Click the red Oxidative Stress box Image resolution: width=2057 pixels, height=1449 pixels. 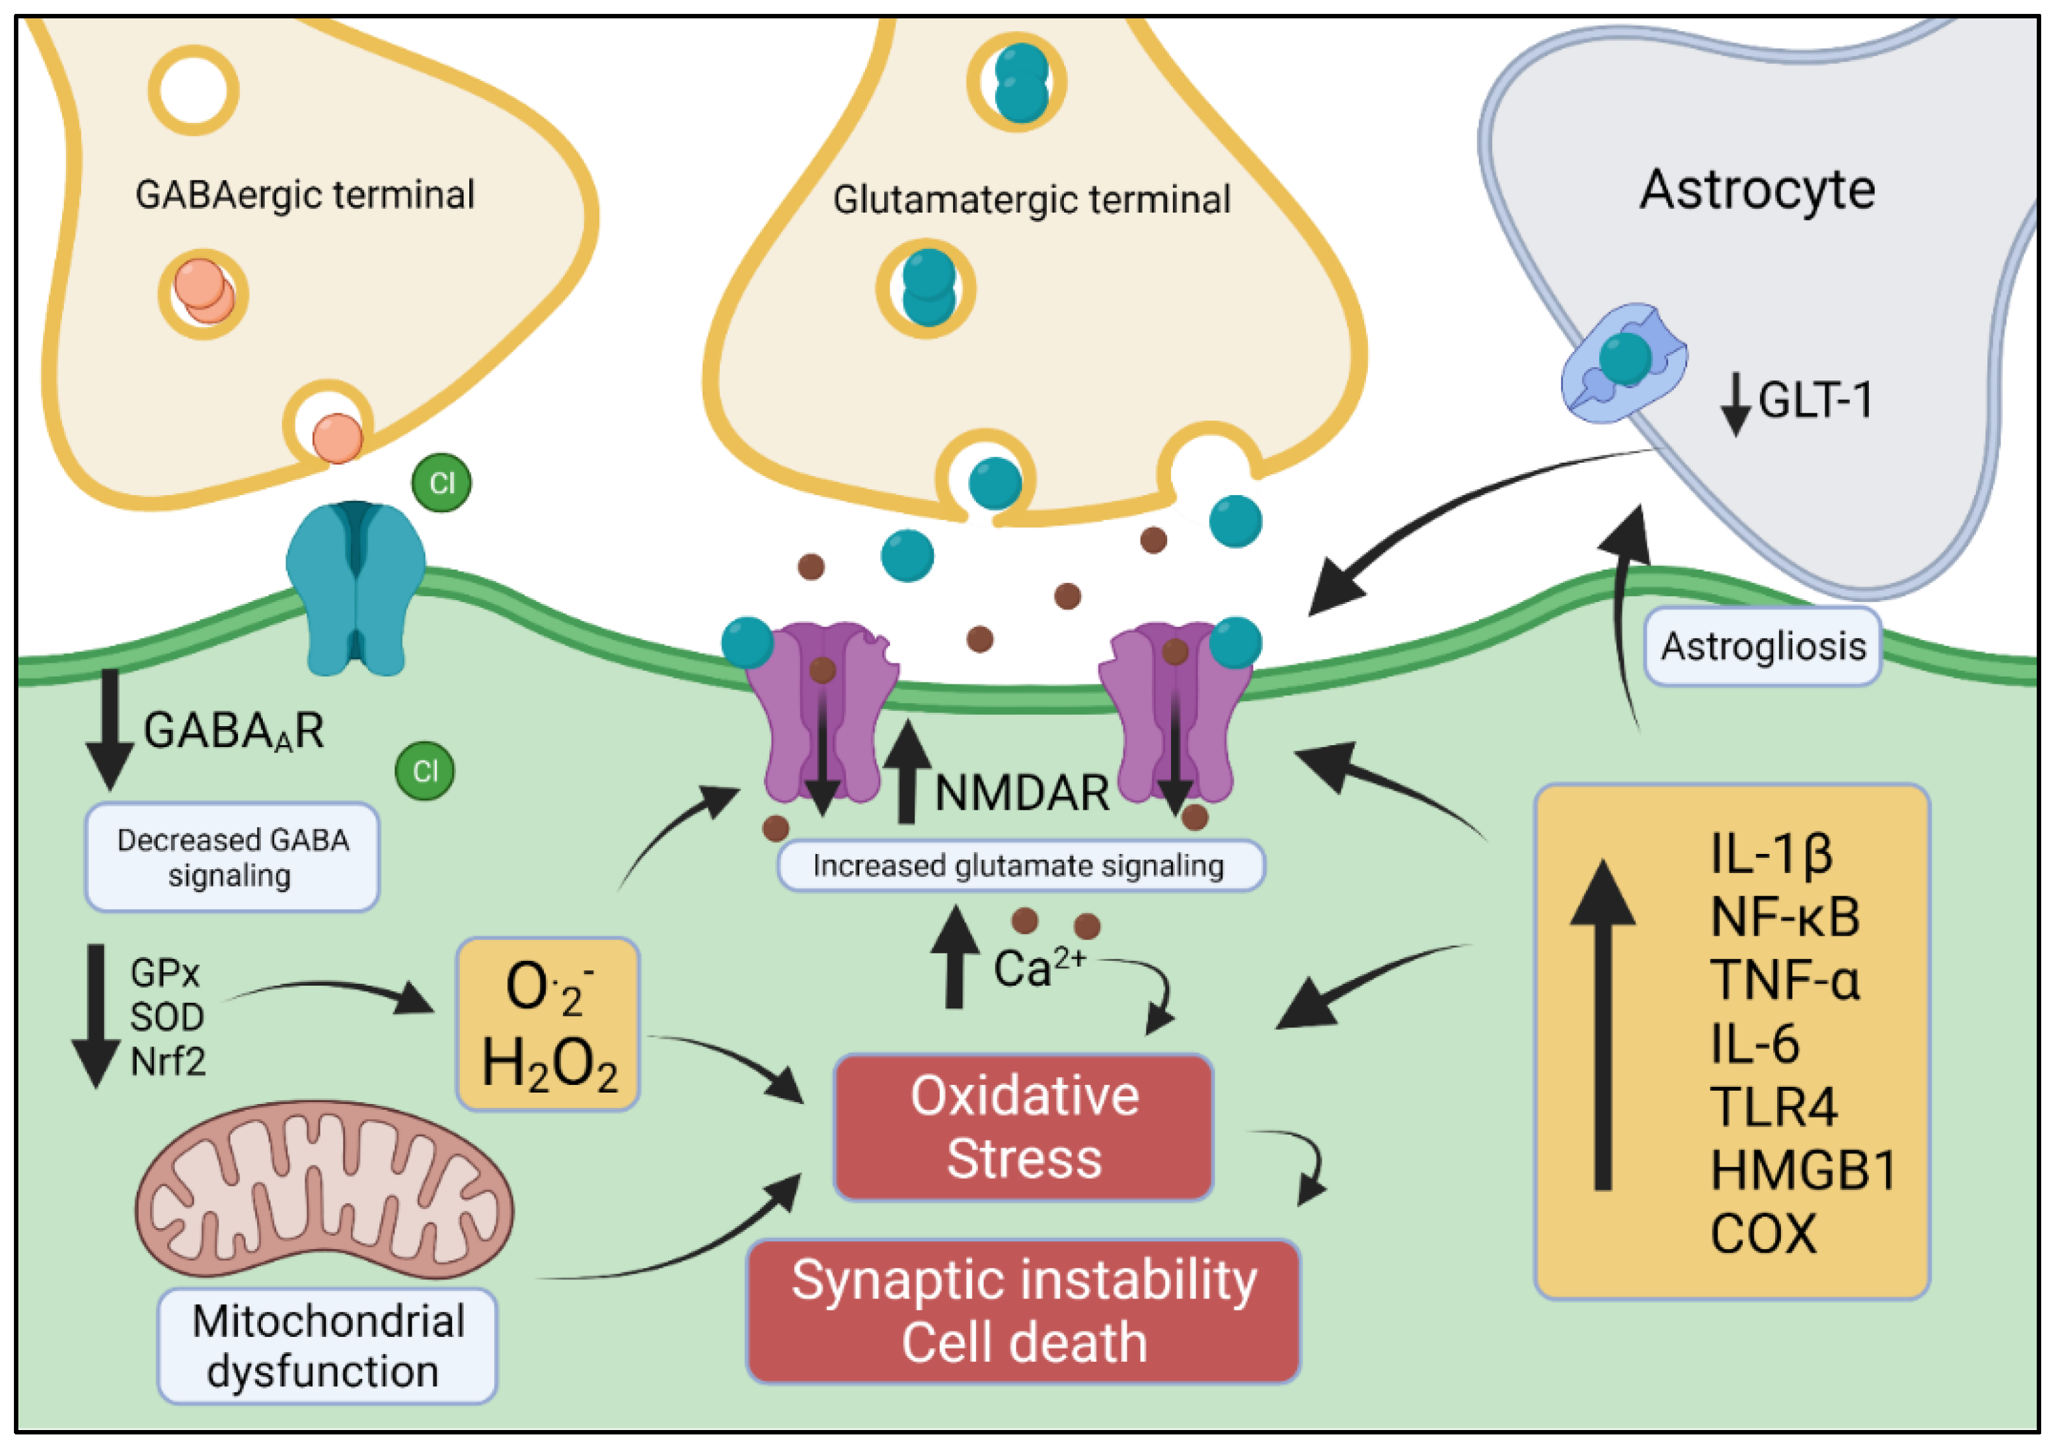pos(1023,1127)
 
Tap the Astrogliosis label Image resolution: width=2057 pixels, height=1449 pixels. pos(1763,646)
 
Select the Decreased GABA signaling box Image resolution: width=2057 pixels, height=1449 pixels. pos(232,857)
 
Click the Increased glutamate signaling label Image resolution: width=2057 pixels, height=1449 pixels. pos(1020,866)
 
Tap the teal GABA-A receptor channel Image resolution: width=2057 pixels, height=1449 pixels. pos(356,587)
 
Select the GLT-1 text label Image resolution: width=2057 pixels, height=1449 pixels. pos(1814,400)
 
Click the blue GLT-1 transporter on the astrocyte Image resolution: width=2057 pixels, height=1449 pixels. pos(1623,361)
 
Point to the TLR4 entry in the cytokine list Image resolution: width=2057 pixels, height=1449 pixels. pos(1773,1107)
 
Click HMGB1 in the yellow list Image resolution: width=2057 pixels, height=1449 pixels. pos(1802,1170)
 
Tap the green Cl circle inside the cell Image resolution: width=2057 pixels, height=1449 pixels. pos(425,771)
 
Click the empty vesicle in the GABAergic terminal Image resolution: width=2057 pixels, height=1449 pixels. pos(194,91)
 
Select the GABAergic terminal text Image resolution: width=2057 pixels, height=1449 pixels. pos(305,195)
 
